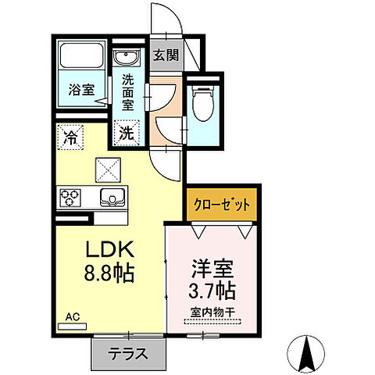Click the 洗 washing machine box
point(125,133)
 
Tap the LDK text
point(109,252)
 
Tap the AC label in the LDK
point(72,316)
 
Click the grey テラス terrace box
point(129,353)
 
